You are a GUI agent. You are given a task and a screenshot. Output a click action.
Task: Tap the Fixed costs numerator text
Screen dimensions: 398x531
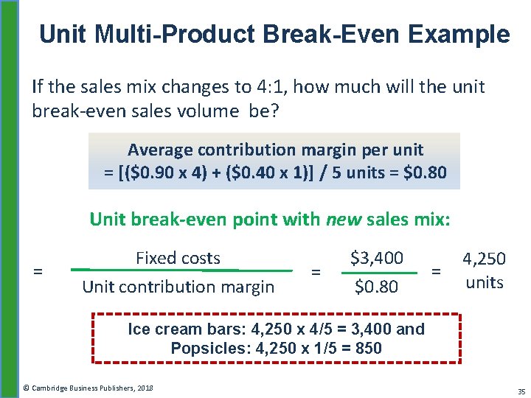pos(178,258)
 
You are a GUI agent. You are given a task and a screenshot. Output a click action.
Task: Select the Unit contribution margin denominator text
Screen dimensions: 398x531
pos(178,287)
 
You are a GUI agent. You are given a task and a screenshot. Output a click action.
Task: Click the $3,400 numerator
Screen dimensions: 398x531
pos(377,258)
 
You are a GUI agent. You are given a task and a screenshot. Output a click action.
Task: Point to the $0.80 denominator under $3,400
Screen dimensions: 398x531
pos(375,287)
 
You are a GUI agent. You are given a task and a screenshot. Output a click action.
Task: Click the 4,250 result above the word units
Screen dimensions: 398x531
pos(484,259)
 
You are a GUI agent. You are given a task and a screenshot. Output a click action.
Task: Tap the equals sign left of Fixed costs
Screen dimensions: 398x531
pos(38,272)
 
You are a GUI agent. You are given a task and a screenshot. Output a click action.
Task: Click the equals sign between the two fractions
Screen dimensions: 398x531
pos(316,272)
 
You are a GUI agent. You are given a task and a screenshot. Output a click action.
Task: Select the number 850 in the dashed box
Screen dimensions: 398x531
pos(369,348)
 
